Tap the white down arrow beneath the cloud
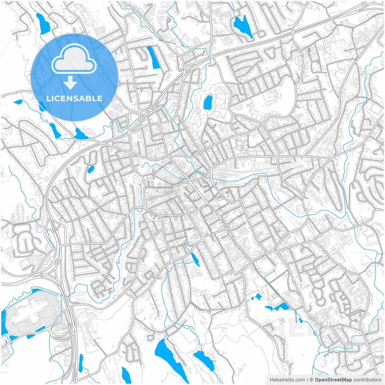coord(70,82)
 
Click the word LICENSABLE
coord(74,98)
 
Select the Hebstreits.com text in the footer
coord(287,380)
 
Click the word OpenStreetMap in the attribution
coord(333,380)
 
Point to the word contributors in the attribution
coord(367,380)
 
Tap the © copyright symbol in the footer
coord(312,380)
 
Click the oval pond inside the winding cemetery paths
coord(208,102)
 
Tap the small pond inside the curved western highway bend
coord(91,169)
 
